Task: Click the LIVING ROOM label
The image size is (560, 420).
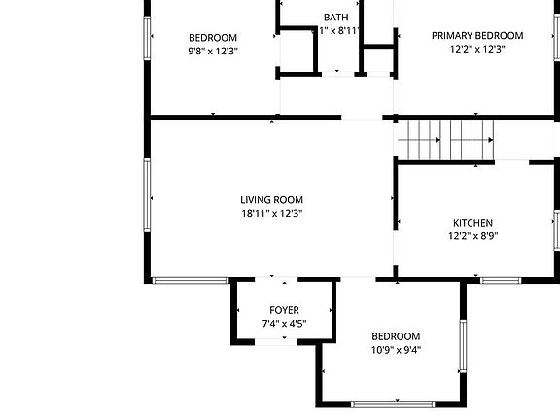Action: [x=272, y=200]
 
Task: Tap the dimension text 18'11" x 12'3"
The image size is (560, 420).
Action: [x=272, y=214]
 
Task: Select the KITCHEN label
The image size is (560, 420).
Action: [x=472, y=222]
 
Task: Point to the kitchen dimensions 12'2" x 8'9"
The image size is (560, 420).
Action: [x=472, y=235]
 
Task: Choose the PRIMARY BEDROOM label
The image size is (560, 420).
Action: [x=477, y=35]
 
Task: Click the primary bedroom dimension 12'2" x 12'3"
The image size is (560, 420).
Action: [x=477, y=49]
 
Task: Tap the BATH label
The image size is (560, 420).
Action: [x=336, y=17]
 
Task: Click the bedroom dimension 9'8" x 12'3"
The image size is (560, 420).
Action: [x=213, y=51]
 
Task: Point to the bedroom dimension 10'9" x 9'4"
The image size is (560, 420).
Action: [x=396, y=350]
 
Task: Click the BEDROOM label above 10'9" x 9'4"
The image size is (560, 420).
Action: [x=396, y=336]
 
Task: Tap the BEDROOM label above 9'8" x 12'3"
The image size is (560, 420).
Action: [x=213, y=37]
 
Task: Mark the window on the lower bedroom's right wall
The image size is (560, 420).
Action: [x=464, y=345]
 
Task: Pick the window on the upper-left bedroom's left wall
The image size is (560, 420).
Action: [x=149, y=39]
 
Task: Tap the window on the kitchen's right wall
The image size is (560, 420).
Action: [x=556, y=229]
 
